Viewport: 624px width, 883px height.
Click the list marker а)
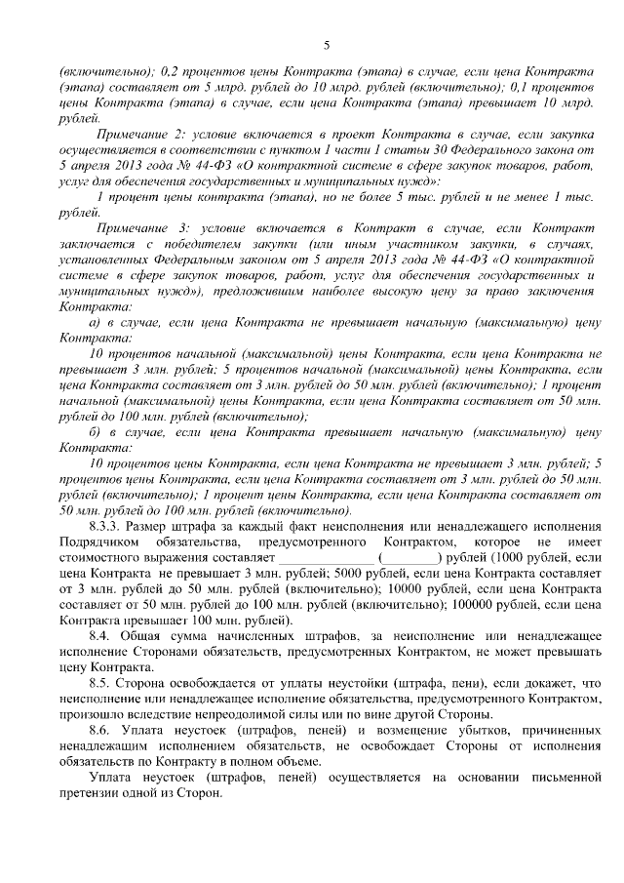[x=94, y=321]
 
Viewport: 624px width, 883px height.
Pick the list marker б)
[x=94, y=430]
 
